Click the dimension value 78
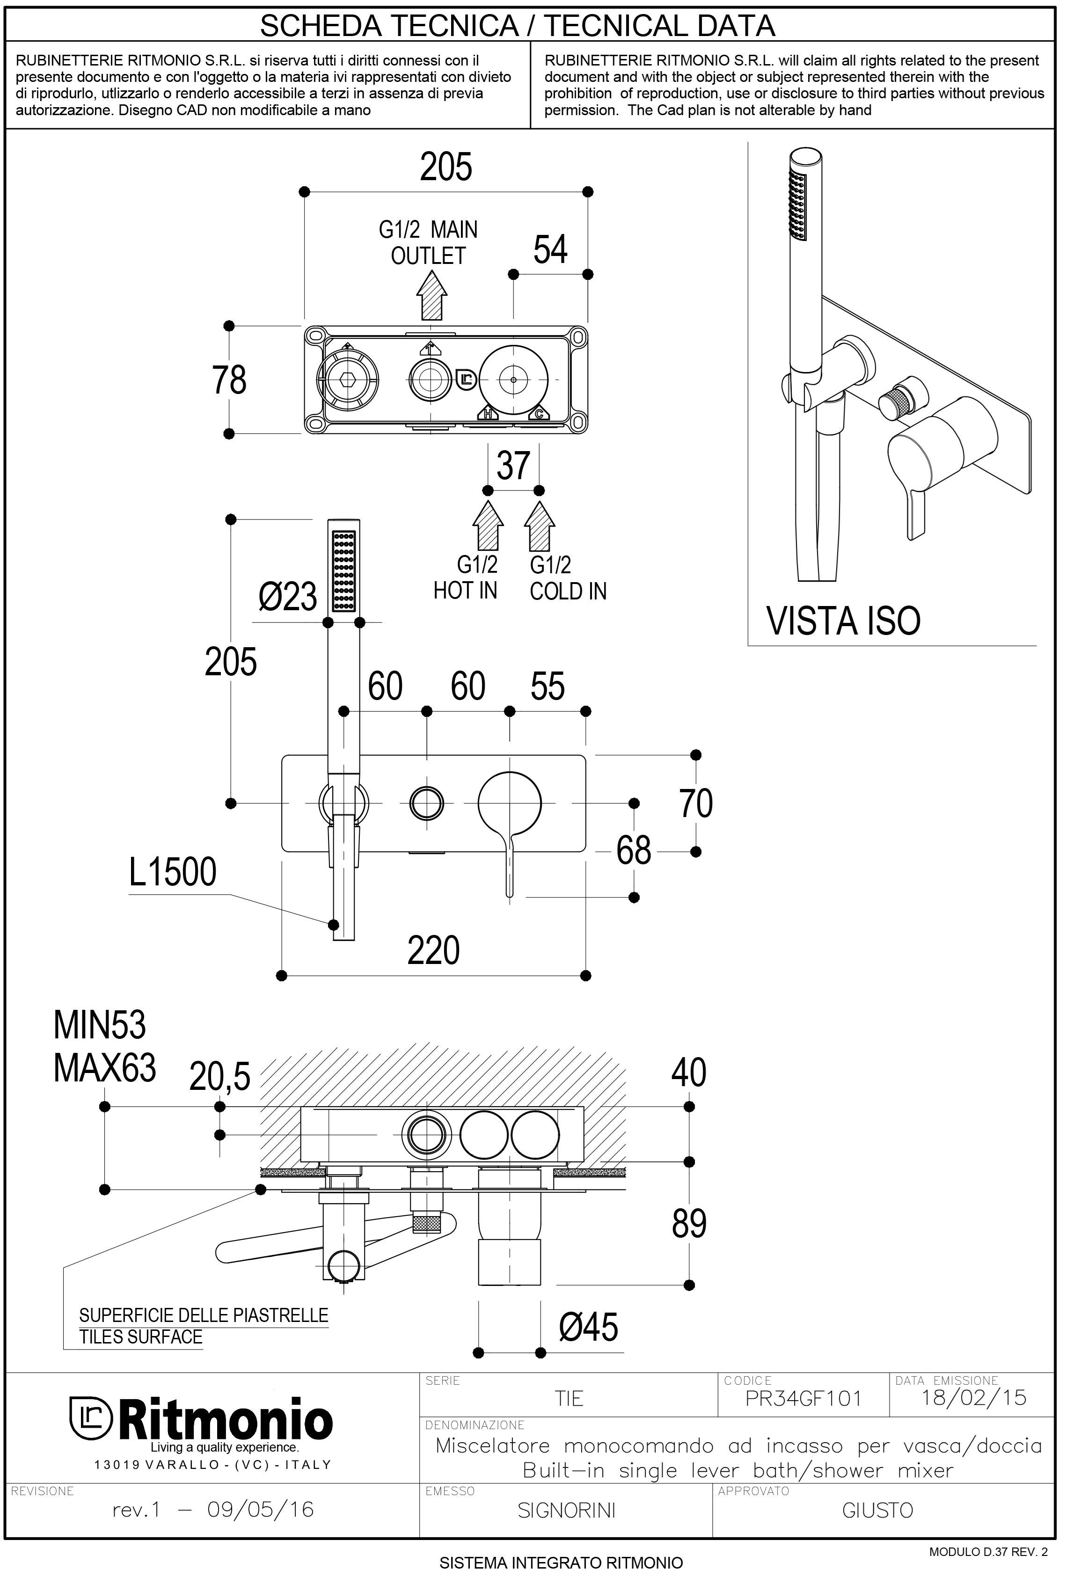point(229,380)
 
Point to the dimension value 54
point(550,250)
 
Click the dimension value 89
point(689,1224)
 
